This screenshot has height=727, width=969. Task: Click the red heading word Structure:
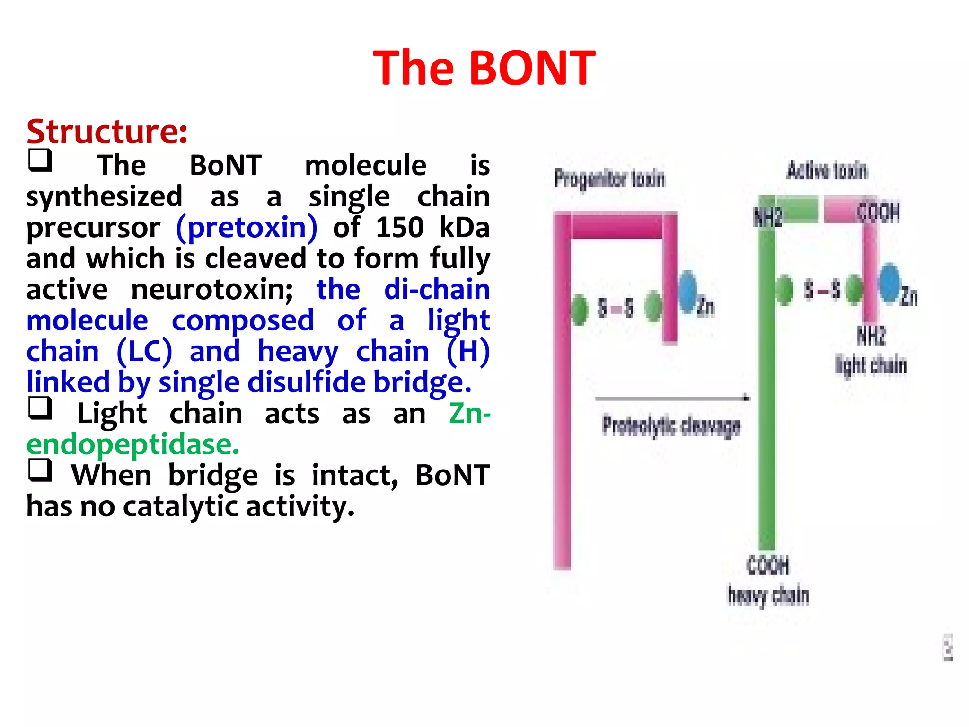[107, 132]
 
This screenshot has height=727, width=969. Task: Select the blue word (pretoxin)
[247, 228]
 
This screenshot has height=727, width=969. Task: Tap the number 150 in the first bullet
[399, 228]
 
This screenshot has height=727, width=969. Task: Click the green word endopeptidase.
[133, 445]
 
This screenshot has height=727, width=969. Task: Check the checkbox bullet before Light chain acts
[40, 408]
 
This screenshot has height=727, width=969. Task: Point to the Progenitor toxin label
[609, 179]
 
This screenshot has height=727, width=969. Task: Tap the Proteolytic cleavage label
[671, 426]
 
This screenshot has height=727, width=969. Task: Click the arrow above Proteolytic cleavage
[672, 399]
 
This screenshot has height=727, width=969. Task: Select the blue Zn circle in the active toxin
[890, 283]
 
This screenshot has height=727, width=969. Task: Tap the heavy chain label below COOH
[768, 595]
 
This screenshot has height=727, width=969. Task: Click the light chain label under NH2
[871, 365]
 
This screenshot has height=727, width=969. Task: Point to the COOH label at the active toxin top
[878, 213]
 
